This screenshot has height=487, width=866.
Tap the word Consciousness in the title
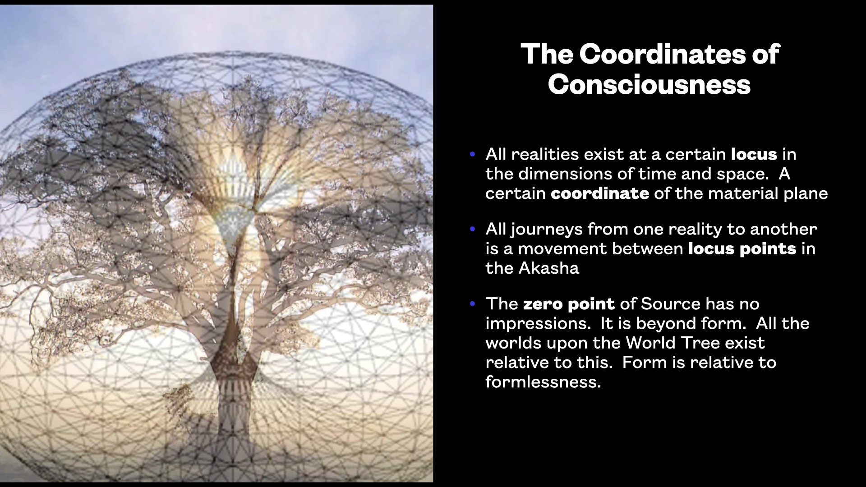[649, 84]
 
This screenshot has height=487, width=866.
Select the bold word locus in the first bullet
[754, 154]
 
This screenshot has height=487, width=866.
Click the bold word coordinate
[600, 193]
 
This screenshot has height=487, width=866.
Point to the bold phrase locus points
[742, 249]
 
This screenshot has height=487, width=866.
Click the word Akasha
[548, 268]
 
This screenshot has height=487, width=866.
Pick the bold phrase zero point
[569, 304]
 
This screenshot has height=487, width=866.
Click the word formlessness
[543, 382]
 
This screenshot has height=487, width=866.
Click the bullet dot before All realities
[473, 154]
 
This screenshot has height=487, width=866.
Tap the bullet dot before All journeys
[473, 229]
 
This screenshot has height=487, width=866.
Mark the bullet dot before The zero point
[473, 304]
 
